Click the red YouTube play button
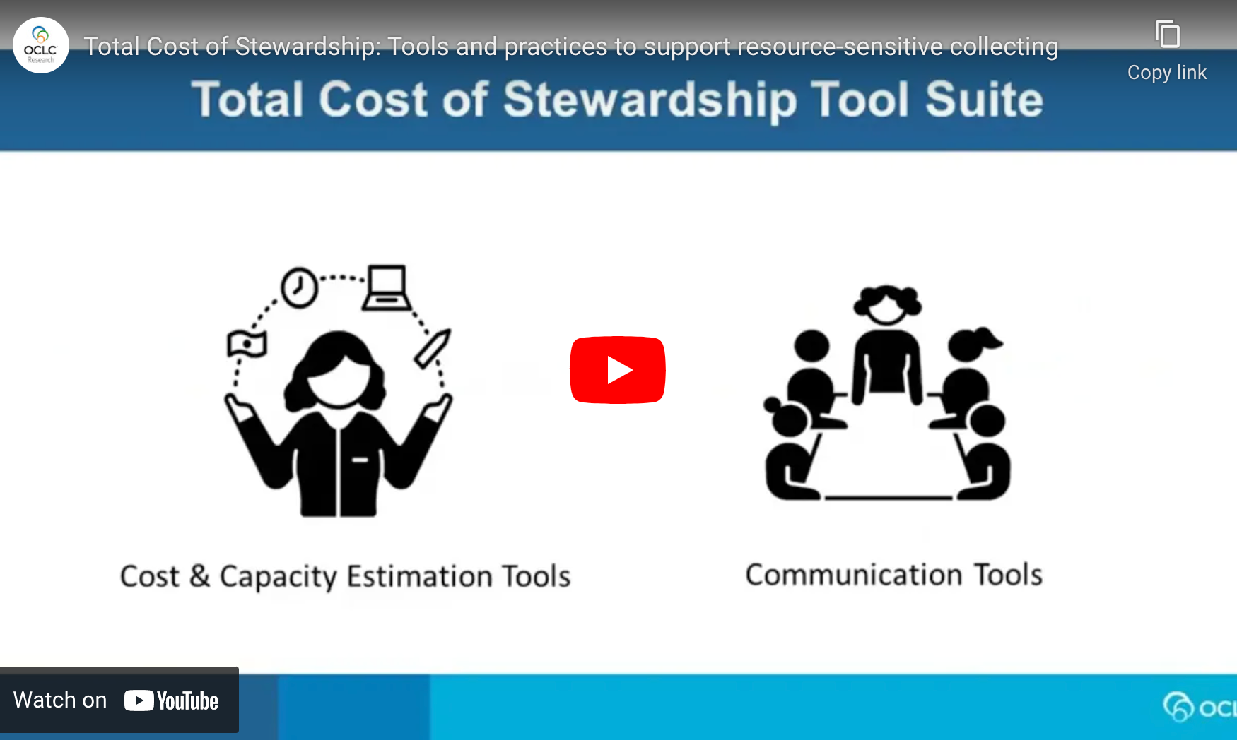click(617, 370)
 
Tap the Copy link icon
click(1167, 35)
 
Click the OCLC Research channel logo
click(41, 45)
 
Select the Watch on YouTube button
click(119, 700)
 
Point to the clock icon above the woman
click(299, 287)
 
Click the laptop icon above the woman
click(386, 288)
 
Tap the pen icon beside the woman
click(433, 347)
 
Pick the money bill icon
click(247, 344)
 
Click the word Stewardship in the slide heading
click(650, 100)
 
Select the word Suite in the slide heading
click(983, 100)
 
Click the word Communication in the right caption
click(854, 575)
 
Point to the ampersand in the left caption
click(200, 576)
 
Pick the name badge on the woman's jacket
click(360, 460)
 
